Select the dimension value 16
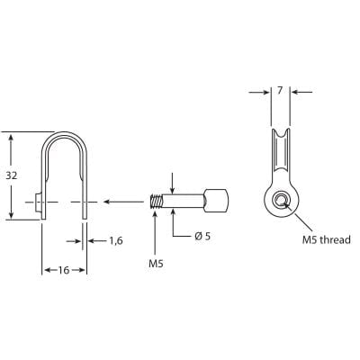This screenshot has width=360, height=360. point(64,271)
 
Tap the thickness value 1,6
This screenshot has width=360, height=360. point(115,240)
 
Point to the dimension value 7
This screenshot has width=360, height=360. point(281,92)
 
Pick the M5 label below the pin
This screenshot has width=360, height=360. point(156,264)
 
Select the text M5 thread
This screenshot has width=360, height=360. point(322,239)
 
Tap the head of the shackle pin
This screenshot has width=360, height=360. point(217,201)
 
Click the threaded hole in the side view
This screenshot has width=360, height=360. point(281,201)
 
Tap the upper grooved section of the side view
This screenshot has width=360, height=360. point(281,153)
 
